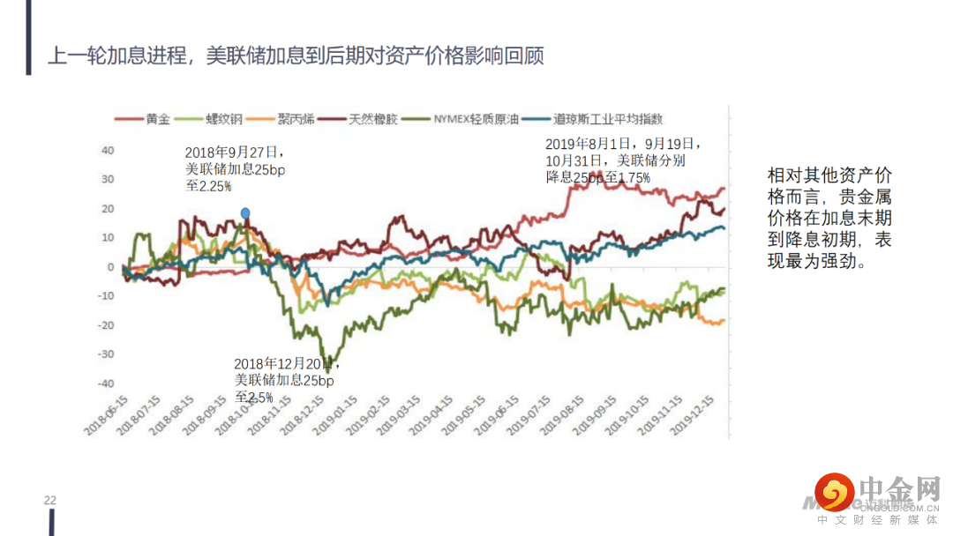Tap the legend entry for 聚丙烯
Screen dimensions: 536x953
click(x=293, y=118)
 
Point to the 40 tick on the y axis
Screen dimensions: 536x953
click(x=108, y=151)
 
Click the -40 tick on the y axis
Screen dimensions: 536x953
click(x=106, y=383)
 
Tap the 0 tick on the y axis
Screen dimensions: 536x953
click(x=111, y=267)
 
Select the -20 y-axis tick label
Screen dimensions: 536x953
click(x=106, y=325)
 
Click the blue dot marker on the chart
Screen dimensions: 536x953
click(x=245, y=212)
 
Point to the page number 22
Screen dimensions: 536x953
click(x=50, y=501)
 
